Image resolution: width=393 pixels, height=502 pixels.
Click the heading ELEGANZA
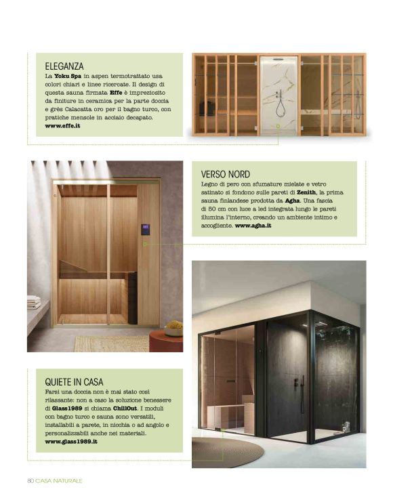click(x=64, y=66)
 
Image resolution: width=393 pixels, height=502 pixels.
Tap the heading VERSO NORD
click(x=225, y=174)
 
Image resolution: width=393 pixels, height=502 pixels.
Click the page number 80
click(x=30, y=480)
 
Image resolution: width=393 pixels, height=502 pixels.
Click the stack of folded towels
click(x=34, y=302)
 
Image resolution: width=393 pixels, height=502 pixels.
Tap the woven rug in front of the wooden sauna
click(x=108, y=343)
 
